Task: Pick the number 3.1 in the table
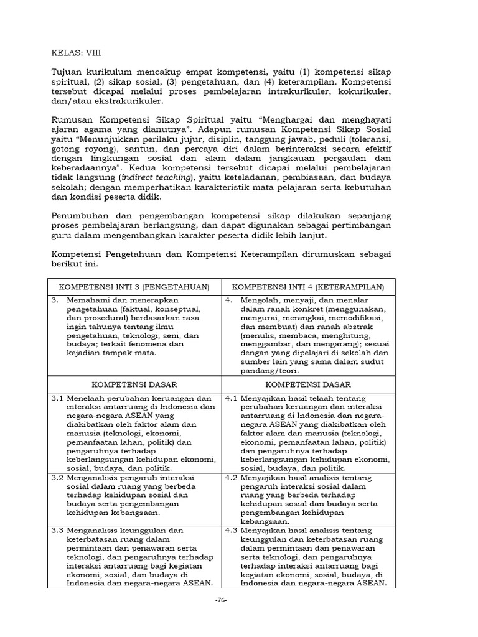point(58,398)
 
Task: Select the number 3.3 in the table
point(58,530)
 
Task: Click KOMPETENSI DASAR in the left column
point(134,384)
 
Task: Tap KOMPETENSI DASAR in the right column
point(308,384)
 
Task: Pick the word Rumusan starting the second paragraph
point(72,119)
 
